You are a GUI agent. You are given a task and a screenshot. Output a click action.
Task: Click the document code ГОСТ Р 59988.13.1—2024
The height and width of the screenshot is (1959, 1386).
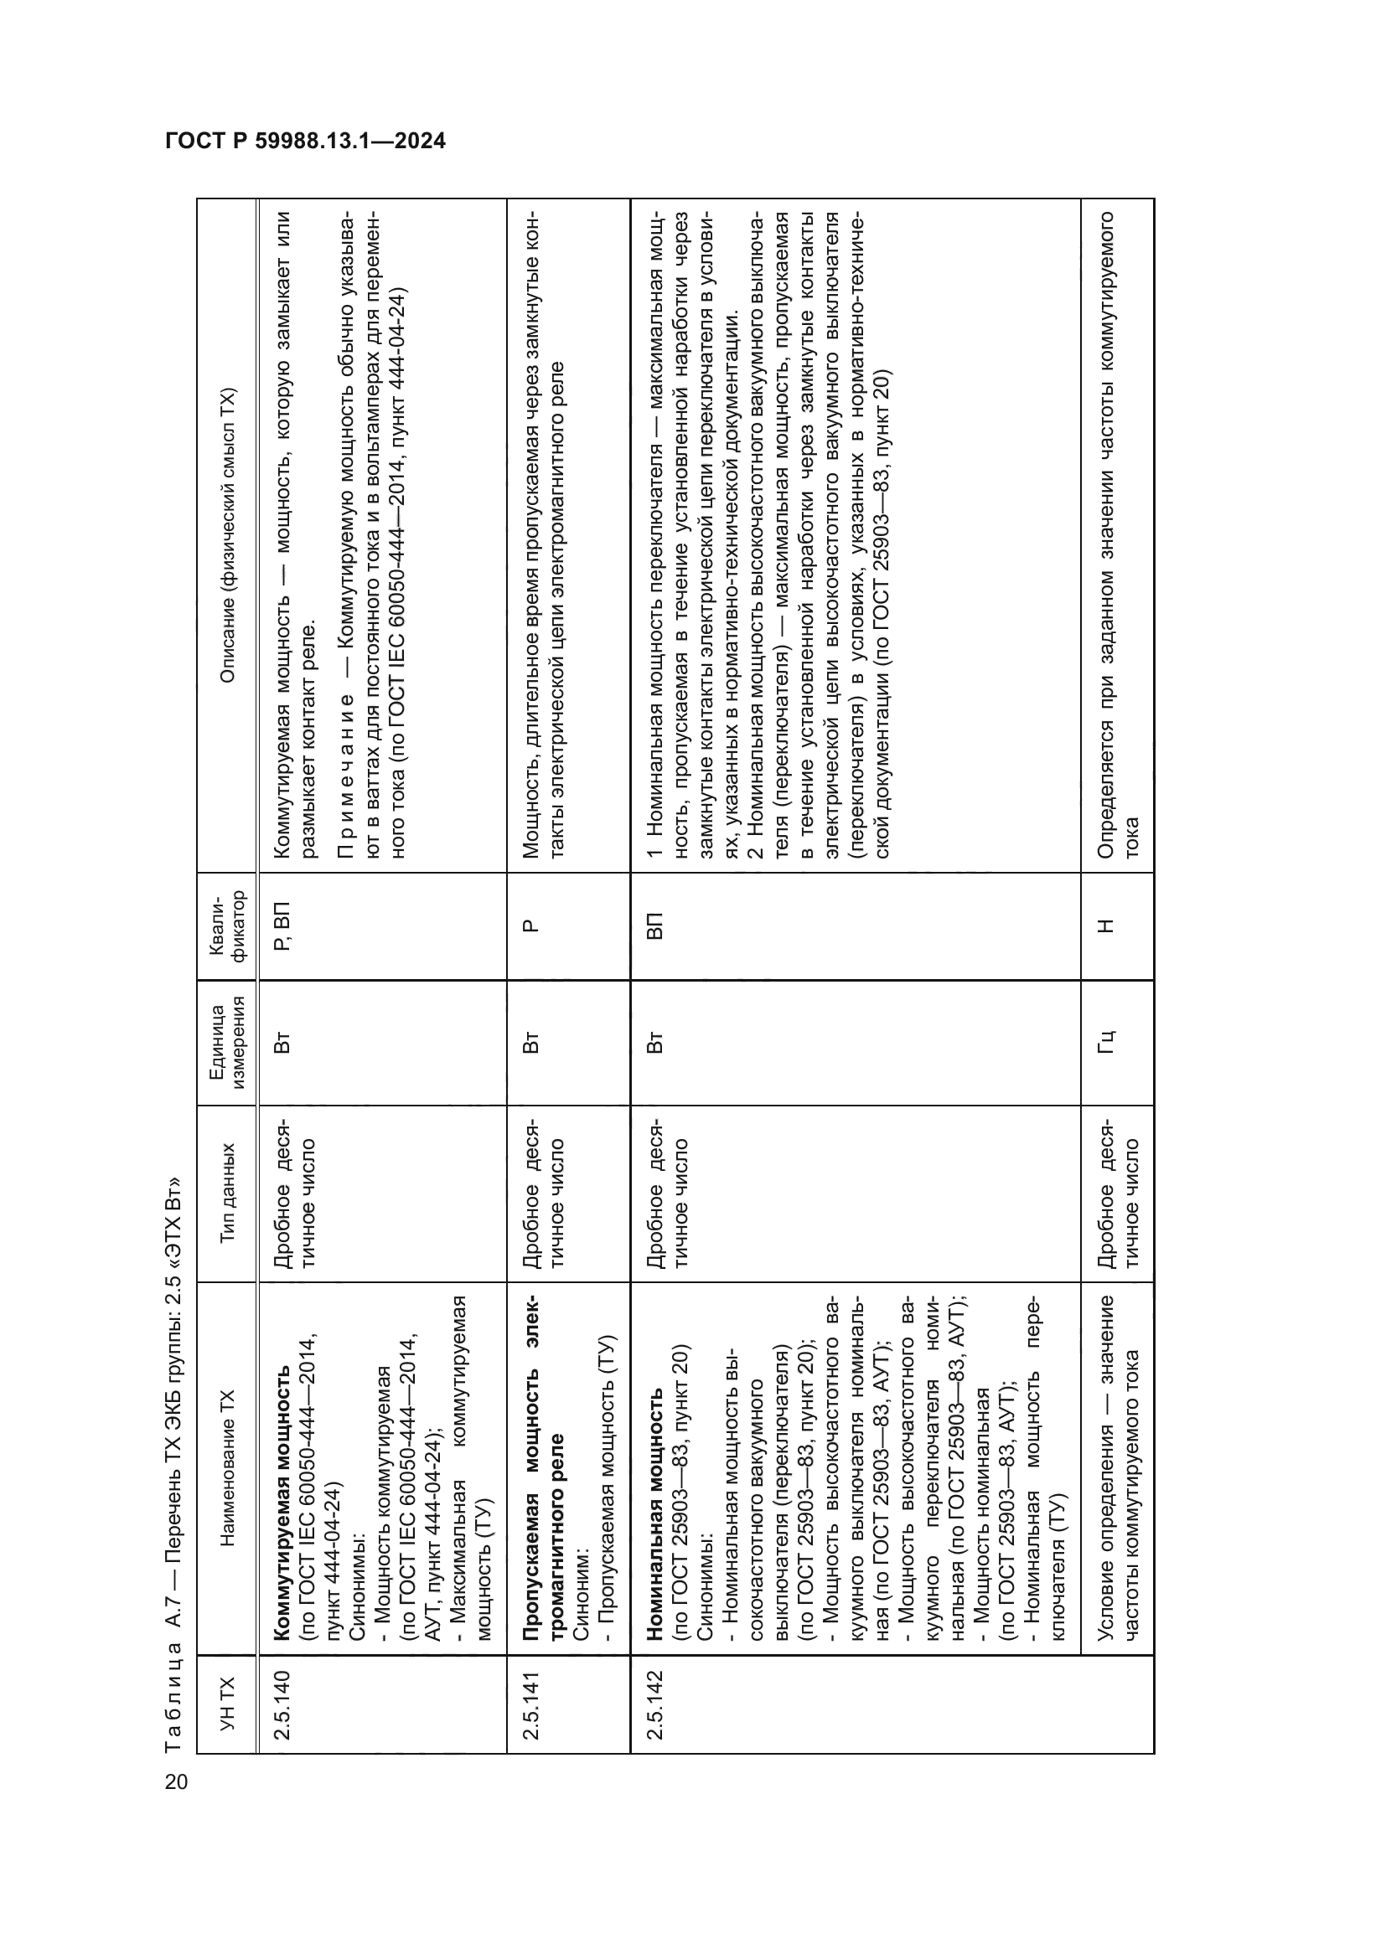click(305, 141)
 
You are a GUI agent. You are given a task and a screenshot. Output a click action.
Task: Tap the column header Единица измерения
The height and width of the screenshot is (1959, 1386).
click(227, 1042)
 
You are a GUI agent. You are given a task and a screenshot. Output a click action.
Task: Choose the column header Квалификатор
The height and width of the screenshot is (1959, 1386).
click(227, 925)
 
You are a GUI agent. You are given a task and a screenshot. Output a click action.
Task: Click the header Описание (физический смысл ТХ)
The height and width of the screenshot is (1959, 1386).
click(227, 536)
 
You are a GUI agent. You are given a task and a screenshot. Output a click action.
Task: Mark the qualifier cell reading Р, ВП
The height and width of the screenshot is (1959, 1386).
click(282, 925)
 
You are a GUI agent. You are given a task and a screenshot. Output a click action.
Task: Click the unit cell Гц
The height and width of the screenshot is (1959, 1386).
click(1106, 1042)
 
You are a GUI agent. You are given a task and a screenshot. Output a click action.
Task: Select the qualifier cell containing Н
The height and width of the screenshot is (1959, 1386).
click(1106, 925)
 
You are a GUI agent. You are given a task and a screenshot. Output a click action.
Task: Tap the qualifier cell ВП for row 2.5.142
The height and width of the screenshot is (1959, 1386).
click(654, 925)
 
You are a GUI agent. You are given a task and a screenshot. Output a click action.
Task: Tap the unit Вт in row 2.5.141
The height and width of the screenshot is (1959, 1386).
click(530, 1042)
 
